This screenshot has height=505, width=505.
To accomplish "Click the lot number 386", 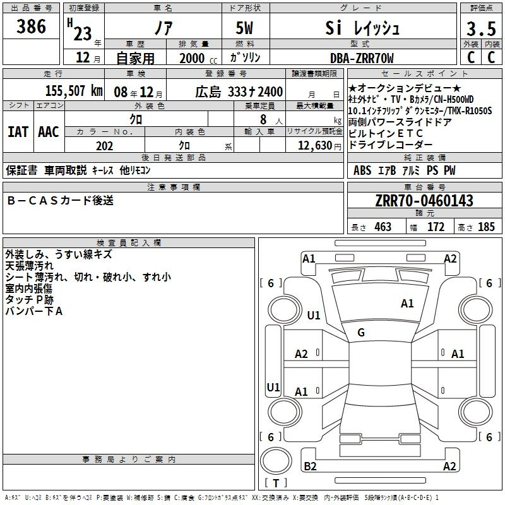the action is point(31,27).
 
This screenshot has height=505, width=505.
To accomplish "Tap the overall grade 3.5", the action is point(481,28).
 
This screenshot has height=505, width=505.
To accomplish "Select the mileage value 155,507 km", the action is point(74,91).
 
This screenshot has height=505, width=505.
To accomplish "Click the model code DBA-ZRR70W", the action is point(362,58).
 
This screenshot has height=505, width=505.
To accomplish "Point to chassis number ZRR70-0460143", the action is point(424,201).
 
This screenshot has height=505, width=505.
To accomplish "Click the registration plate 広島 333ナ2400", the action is point(239,92).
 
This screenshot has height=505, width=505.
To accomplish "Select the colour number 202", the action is point(104,146).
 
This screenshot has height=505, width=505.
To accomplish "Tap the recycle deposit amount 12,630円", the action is point(319,146).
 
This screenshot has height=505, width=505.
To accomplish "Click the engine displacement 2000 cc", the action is point(198,59).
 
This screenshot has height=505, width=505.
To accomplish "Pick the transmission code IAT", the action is point(18,132).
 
